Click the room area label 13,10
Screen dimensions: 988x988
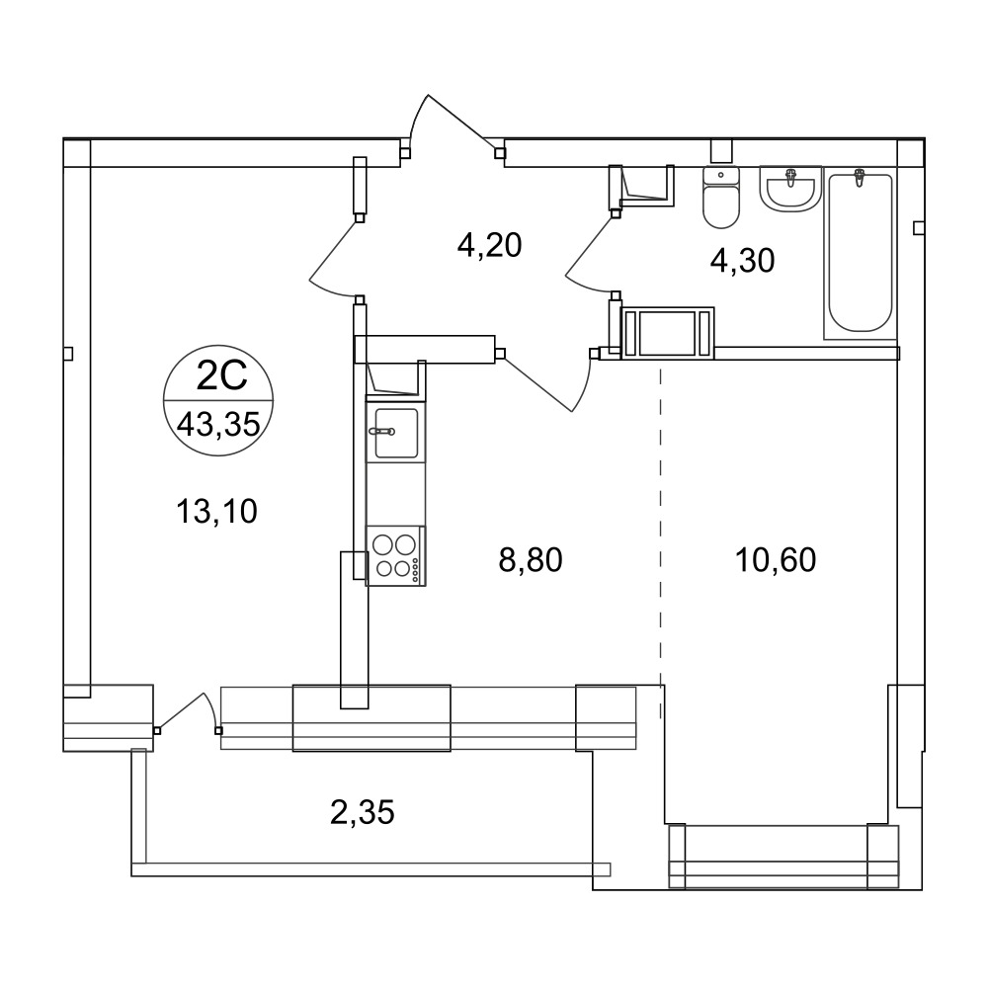pos(216,511)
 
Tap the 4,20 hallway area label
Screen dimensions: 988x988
pos(490,245)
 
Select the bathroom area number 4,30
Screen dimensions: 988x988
pos(742,260)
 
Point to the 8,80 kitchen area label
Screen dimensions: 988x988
pos(531,559)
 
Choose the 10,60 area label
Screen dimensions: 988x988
pos(776,559)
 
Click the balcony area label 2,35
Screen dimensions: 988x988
pos(363,812)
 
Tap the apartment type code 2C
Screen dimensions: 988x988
pos(221,376)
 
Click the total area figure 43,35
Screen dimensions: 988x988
pos(218,424)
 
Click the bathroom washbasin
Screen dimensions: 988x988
pos(790,188)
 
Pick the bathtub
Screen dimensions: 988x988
pos(861,253)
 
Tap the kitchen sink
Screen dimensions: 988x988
pos(396,433)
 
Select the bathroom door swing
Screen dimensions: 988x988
pos(589,252)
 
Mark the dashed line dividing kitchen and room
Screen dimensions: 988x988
pos(660,540)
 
